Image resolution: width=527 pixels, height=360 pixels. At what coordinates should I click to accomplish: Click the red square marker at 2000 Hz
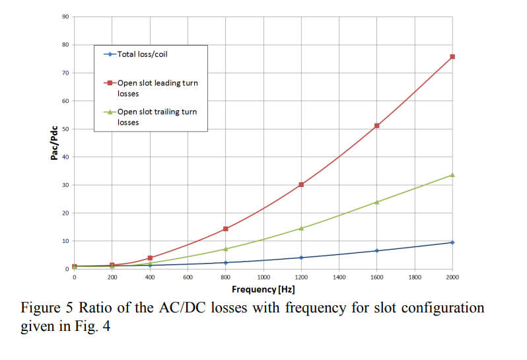[452, 57]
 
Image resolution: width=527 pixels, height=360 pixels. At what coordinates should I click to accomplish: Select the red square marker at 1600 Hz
[376, 126]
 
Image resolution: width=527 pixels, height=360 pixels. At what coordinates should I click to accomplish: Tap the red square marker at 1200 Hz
[301, 184]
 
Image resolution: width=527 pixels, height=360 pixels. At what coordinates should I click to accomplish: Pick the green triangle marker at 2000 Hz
[452, 174]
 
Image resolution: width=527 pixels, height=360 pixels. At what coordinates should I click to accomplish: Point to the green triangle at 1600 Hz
[376, 201]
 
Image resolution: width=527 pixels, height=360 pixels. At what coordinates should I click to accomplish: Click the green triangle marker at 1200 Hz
[301, 228]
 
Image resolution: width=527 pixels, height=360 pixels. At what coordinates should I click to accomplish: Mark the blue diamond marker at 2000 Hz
[452, 242]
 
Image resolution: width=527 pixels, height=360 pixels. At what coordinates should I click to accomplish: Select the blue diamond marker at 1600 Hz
[376, 250]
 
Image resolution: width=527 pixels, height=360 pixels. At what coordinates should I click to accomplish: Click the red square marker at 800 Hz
[226, 229]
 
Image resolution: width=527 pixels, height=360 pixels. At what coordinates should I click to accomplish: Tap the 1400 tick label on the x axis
[339, 277]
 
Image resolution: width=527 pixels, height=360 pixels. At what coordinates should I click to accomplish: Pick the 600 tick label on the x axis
[188, 277]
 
